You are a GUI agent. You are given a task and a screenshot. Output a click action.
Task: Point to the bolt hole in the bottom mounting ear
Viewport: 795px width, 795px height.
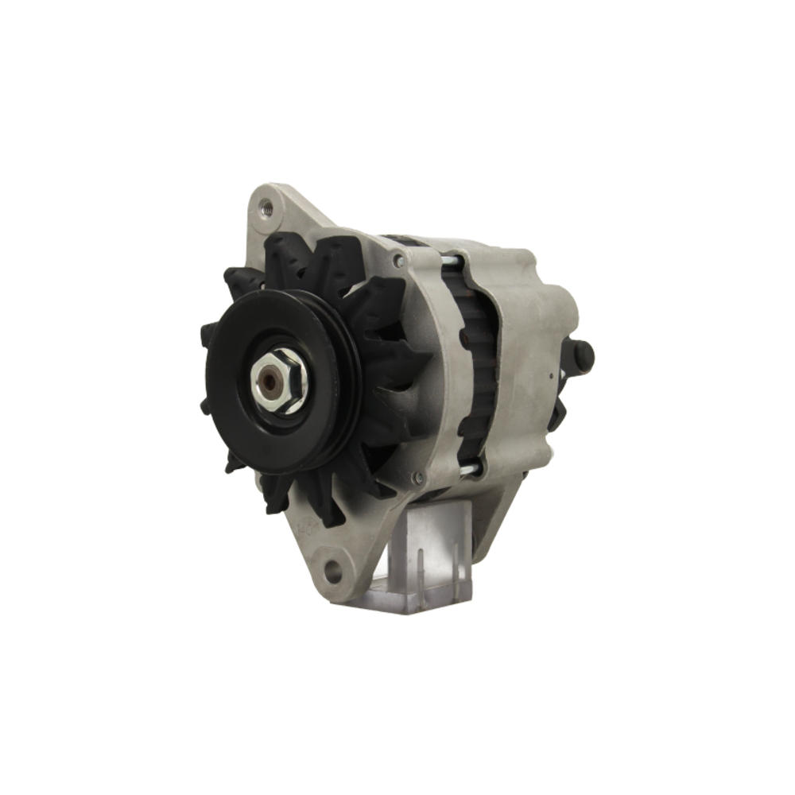[x=334, y=569]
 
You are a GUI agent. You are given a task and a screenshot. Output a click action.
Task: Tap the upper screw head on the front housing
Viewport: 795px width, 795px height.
[x=397, y=260]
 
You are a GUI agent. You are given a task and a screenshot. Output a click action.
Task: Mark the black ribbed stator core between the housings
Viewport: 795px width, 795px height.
[x=474, y=366]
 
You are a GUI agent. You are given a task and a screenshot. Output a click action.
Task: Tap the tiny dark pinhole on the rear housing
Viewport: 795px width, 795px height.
[x=549, y=373]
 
